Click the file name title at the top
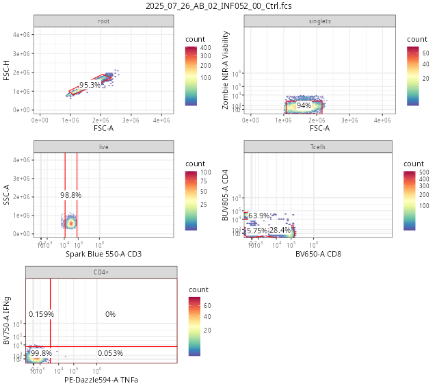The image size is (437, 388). pyautogui.click(x=218, y=6)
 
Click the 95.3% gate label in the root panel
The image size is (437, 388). pyautogui.click(x=90, y=85)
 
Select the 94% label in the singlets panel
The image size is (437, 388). pyautogui.click(x=304, y=105)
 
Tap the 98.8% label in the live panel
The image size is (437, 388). pyautogui.click(x=70, y=195)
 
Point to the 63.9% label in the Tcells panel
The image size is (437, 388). pyautogui.click(x=259, y=216)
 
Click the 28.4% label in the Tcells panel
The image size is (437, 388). pyautogui.click(x=280, y=229)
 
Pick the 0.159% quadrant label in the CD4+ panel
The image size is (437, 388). pyautogui.click(x=41, y=314)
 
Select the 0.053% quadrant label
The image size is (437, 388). pyautogui.click(x=110, y=353)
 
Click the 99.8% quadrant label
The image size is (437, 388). pyautogui.click(x=41, y=353)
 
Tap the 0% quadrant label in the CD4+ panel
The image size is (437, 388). pyautogui.click(x=110, y=314)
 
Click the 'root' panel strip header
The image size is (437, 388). pyautogui.click(x=103, y=21)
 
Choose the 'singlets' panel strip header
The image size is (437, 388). pyautogui.click(x=320, y=21)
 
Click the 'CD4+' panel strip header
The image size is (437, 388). pyautogui.click(x=101, y=272)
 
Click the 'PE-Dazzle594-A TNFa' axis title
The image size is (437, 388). pyautogui.click(x=101, y=379)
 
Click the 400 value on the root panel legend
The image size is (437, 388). pyautogui.click(x=205, y=48)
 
